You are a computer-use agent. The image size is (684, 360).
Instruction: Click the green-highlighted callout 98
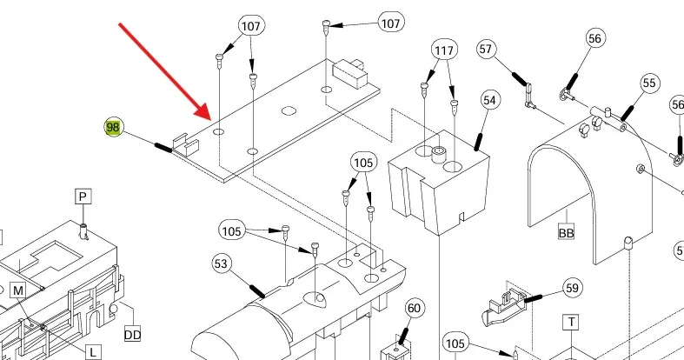[x=113, y=128]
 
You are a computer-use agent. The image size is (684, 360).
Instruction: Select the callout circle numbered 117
[x=444, y=51]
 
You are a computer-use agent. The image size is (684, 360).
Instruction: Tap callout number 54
[x=490, y=102]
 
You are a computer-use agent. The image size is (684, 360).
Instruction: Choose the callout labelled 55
[x=649, y=83]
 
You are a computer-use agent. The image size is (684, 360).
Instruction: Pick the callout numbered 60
[x=415, y=308]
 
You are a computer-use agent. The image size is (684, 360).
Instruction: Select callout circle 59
[x=571, y=287]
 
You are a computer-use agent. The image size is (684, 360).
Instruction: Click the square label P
[x=83, y=197]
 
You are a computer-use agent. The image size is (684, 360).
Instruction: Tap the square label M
[x=18, y=290]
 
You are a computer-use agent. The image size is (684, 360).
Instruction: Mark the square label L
[x=92, y=351]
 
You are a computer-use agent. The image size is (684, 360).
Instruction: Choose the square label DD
[x=132, y=334]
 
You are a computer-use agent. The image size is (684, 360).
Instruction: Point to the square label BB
[x=566, y=233]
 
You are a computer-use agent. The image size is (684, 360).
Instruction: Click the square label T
[x=571, y=323]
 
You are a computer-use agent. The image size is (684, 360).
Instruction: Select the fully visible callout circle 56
[x=595, y=38]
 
